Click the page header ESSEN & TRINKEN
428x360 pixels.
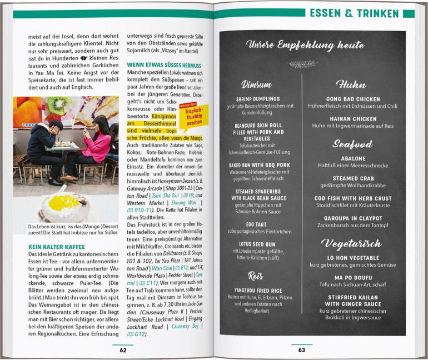tap(354, 13)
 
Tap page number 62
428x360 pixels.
tap(123, 349)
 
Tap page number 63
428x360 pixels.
tap(302, 349)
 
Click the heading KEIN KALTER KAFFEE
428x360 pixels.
tap(57, 246)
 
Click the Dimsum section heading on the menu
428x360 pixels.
tap(256, 84)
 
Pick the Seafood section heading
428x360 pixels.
tap(352, 144)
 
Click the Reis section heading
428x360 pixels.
tap(256, 276)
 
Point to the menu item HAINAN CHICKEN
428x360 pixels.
tap(353, 119)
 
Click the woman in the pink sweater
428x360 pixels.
tap(98, 147)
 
